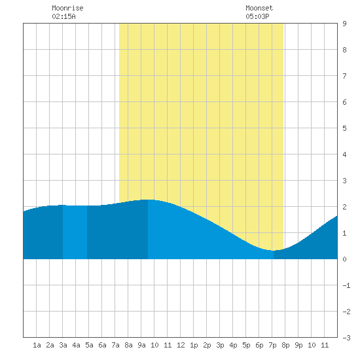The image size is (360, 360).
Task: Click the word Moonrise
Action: pyautogui.click(x=67, y=8)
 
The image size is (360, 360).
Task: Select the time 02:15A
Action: pyautogui.click(x=63, y=16)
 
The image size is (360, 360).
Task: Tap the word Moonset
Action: pyautogui.click(x=259, y=8)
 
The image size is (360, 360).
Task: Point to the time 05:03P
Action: pyautogui.click(x=257, y=16)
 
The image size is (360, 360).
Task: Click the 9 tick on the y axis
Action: pyautogui.click(x=344, y=24)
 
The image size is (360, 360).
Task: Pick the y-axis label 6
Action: pyautogui.click(x=344, y=102)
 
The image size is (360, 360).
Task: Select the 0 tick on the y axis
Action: pyautogui.click(x=344, y=259)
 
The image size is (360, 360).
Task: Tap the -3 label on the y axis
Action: pyautogui.click(x=346, y=338)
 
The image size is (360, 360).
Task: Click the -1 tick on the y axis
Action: pyautogui.click(x=346, y=285)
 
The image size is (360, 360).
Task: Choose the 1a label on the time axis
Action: pyautogui.click(x=37, y=345)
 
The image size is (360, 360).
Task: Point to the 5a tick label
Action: pyautogui.click(x=89, y=345)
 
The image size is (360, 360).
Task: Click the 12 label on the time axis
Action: pyautogui.click(x=181, y=345)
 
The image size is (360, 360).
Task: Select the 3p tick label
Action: pyautogui.click(x=220, y=345)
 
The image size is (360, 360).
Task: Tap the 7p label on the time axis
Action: pyautogui.click(x=272, y=345)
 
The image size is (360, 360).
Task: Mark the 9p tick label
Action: pyautogui.click(x=298, y=345)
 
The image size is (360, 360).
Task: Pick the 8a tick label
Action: pyautogui.click(x=128, y=345)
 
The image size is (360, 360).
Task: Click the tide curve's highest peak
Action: pyautogui.click(x=148, y=200)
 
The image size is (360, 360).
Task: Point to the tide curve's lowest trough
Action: pyautogui.click(x=273, y=251)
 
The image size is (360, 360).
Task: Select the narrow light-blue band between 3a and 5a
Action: pyautogui.click(x=75, y=232)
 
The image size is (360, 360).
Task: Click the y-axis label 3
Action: pyautogui.click(x=344, y=181)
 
